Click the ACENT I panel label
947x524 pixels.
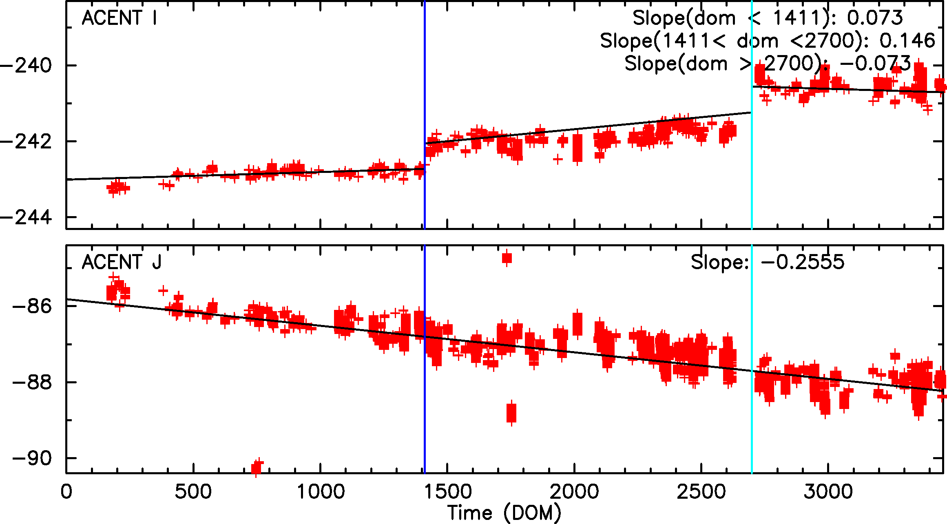pos(119,18)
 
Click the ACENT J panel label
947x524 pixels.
pos(122,262)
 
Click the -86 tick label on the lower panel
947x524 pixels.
pos(33,306)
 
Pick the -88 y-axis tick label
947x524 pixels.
pos(33,382)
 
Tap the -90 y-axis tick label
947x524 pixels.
pos(33,459)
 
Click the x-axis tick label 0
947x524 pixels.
pos(66,492)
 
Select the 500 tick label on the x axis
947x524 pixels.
pos(193,492)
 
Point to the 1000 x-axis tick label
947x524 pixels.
pos(321,492)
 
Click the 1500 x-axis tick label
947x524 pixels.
pos(447,492)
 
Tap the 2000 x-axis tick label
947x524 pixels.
pos(574,492)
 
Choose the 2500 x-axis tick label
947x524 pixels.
pos(701,492)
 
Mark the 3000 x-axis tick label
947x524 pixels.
pos(828,492)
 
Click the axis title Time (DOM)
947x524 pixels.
pos(504,513)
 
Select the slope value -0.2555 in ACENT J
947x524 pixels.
pos(803,262)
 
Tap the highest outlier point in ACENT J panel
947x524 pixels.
pos(507,258)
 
